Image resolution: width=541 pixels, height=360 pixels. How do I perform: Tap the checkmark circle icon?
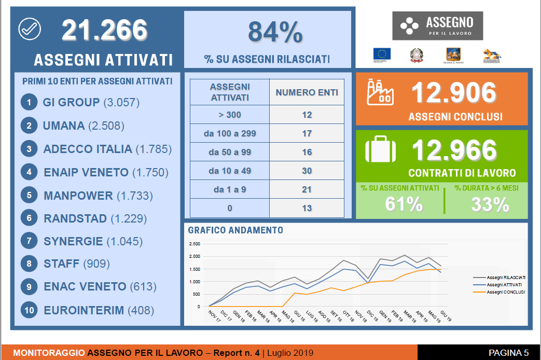point(29,29)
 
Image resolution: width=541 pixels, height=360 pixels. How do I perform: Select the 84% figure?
point(275,32)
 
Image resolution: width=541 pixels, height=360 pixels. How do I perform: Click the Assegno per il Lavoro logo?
point(437,26)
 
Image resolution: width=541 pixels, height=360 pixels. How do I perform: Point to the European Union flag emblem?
point(382,54)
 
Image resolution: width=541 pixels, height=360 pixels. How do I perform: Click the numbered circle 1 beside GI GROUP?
point(29,102)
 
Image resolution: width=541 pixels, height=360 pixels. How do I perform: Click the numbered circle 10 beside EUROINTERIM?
point(29,310)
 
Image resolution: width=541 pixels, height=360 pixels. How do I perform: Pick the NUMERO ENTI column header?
point(307,93)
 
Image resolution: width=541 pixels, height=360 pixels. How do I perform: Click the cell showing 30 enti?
point(307,171)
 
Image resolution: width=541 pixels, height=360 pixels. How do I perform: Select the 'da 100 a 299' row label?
point(230,133)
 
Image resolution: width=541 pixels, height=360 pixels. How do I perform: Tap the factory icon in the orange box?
point(380,92)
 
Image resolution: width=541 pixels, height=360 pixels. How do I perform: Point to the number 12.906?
point(453,93)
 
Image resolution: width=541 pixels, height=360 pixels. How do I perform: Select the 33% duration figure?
point(490,204)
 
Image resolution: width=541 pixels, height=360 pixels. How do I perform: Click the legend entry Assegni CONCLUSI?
point(506,292)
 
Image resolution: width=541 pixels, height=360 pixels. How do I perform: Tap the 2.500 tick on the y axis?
point(195,244)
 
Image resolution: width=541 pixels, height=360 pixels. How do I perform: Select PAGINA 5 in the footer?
point(508,353)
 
